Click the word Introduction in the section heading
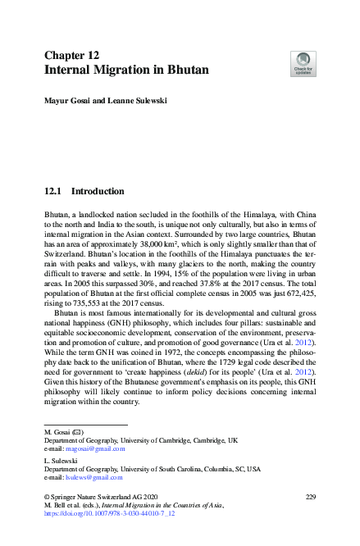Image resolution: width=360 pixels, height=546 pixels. (98, 192)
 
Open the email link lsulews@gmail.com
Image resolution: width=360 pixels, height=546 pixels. (97, 477)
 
